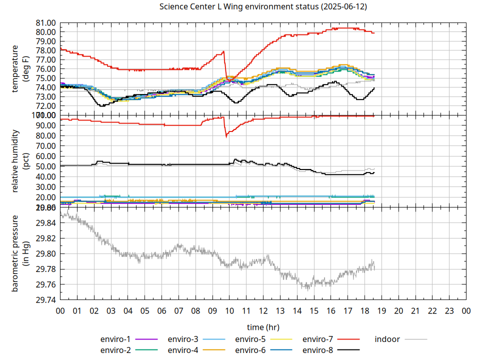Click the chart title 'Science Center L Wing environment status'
[263, 6]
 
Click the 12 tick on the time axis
[263, 311]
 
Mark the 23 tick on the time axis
[449, 311]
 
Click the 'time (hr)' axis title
[263, 327]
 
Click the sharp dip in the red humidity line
[226, 136]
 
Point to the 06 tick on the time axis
[161, 311]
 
